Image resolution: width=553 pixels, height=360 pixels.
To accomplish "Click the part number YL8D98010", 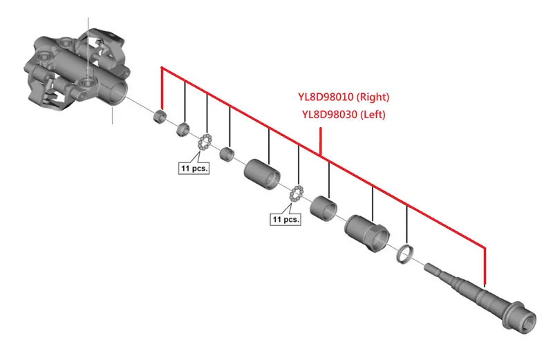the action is coord(326,97).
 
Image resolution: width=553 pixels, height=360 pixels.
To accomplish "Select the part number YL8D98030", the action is coord(330,114).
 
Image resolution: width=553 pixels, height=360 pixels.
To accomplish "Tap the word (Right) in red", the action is coord(373,97).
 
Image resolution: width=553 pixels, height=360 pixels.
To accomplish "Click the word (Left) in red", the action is coord(373,114).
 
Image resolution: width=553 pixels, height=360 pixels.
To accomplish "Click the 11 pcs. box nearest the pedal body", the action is coord(194,168).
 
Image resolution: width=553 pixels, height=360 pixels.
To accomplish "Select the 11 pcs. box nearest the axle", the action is coord(285,219).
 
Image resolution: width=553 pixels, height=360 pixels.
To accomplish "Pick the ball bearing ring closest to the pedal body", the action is coord(204,142).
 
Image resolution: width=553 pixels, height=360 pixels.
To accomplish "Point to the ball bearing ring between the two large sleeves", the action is coord(297,194).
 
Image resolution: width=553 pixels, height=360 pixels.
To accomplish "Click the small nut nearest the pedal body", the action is coord(160,115).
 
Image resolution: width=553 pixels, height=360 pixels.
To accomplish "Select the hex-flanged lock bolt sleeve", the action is coord(367,233).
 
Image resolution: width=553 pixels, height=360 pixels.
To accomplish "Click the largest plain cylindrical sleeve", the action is coord(262,174).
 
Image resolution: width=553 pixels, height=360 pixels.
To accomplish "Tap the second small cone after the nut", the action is coord(182,129).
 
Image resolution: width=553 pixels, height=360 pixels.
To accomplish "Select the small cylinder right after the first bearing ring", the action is coord(227,155).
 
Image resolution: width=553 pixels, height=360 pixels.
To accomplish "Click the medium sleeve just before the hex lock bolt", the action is coord(324,209).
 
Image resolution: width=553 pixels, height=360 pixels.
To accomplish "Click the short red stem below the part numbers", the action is coord(321,142).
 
